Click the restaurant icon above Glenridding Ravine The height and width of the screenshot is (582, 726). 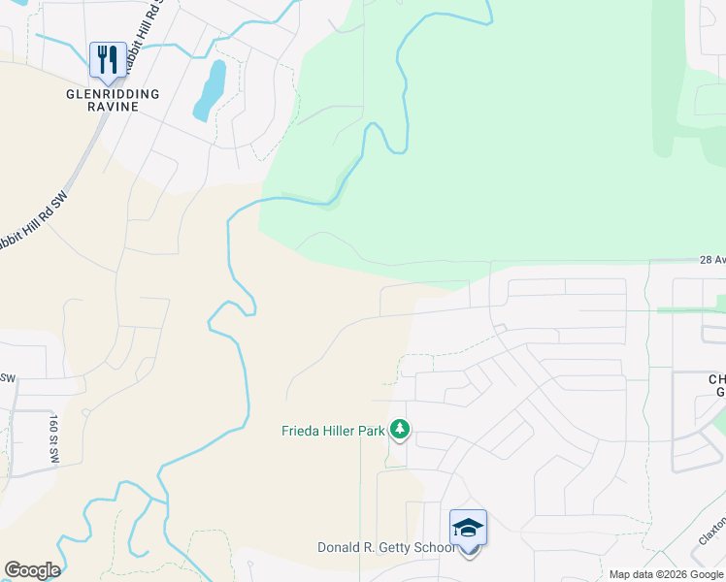tap(107, 59)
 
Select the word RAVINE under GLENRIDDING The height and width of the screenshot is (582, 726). tap(113, 107)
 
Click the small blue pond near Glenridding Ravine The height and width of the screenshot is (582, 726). tap(210, 89)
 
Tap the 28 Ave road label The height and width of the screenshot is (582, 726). tap(710, 260)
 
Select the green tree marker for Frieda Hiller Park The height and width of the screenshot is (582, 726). tap(400, 429)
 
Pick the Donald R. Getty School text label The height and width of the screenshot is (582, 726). tap(386, 548)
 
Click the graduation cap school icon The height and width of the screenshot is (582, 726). tap(468, 529)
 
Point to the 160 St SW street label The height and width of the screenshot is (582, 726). tap(54, 437)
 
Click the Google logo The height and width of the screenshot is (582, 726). tap(31, 570)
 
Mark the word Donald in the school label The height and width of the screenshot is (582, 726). tap(340, 548)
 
